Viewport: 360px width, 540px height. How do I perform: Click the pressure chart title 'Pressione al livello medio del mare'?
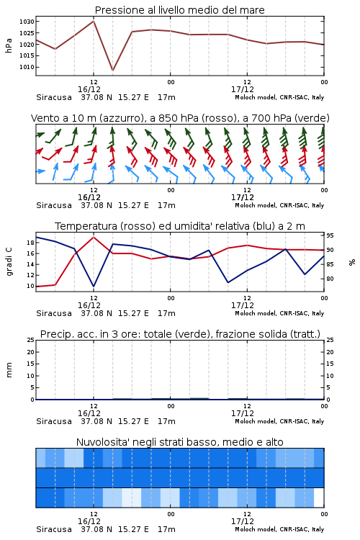tap(179, 10)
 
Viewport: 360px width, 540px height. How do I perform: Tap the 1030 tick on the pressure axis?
tap(27, 22)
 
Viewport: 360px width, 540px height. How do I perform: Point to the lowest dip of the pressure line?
tap(112, 71)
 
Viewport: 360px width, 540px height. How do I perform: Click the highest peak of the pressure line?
tap(94, 21)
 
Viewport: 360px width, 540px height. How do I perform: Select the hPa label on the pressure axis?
tap(9, 45)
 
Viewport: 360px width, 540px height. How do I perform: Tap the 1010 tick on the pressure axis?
tap(27, 67)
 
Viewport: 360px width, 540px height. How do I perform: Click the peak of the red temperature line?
tap(94, 237)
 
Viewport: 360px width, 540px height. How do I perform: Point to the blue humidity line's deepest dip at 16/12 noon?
tap(94, 286)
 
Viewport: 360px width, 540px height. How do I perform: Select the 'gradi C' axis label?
tap(9, 261)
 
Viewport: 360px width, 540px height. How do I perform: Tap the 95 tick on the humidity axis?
tap(330, 235)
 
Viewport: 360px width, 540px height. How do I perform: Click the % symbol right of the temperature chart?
tap(352, 262)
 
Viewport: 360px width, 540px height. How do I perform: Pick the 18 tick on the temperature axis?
tap(31, 243)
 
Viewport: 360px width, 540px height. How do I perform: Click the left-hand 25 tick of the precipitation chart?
tap(31, 340)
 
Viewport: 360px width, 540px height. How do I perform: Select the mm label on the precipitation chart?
tap(9, 370)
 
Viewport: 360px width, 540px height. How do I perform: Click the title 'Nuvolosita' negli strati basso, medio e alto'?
tap(179, 442)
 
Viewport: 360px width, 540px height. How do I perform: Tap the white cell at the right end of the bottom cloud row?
tap(319, 498)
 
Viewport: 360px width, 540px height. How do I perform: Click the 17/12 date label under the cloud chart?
tap(243, 521)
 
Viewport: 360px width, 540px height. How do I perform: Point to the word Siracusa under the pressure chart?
tap(54, 97)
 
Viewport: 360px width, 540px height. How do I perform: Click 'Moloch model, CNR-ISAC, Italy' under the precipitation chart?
tap(279, 421)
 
